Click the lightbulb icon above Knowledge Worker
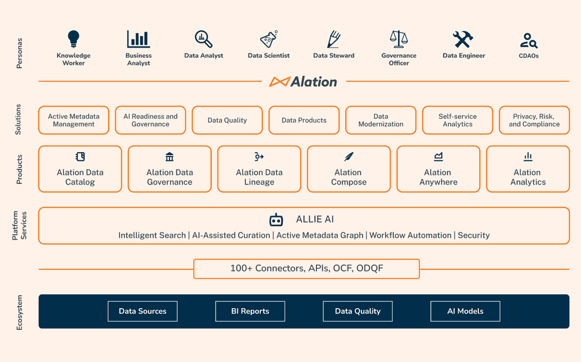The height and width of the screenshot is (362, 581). [74, 39]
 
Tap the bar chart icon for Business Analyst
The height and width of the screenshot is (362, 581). [138, 39]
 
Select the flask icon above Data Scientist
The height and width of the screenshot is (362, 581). [268, 39]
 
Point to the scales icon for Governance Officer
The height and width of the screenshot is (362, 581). [399, 39]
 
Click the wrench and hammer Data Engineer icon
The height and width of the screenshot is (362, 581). [463, 39]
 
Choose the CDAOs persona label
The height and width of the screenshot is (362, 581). [529, 55]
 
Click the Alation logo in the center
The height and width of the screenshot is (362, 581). [304, 82]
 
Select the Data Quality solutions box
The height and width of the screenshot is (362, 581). [227, 120]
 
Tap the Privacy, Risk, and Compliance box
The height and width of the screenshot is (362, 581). [534, 120]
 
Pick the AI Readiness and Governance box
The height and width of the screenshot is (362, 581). [150, 120]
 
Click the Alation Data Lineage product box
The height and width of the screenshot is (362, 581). [259, 169]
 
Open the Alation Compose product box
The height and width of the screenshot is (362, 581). [349, 169]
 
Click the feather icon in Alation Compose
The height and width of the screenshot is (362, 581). [349, 157]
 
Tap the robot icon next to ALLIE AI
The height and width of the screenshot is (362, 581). [276, 219]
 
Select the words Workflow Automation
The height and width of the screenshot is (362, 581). [410, 235]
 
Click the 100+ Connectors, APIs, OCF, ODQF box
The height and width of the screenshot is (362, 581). [307, 268]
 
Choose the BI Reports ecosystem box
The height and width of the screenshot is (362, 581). [250, 311]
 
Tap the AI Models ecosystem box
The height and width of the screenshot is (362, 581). [465, 311]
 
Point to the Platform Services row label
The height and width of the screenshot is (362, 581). [19, 225]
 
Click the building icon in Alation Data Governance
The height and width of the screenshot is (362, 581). [169, 157]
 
